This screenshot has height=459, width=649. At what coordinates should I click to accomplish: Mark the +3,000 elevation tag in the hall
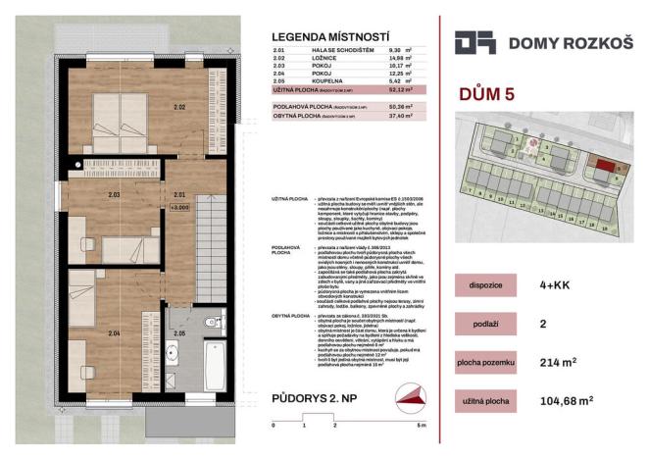[178, 207]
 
